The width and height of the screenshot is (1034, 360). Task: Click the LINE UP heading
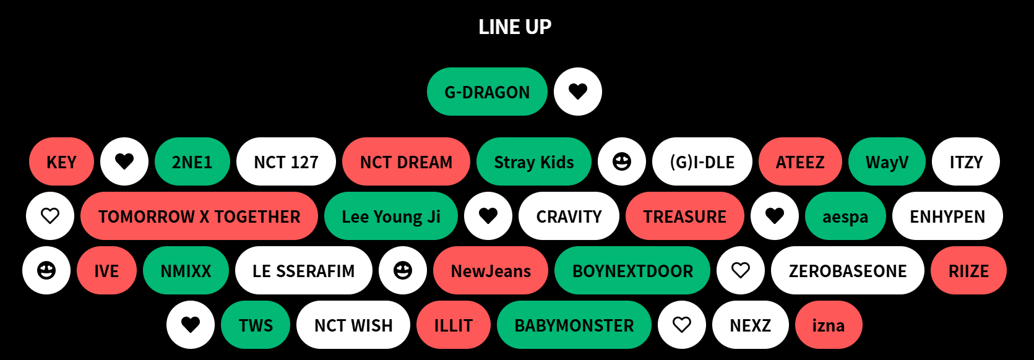[x=515, y=27]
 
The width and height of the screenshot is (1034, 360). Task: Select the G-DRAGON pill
[x=487, y=92]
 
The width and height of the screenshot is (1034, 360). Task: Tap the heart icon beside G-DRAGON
[x=578, y=92]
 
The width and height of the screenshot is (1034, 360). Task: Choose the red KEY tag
[x=61, y=162]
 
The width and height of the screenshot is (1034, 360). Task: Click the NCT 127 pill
[x=286, y=162]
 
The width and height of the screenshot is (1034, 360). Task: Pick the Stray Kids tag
[x=533, y=162]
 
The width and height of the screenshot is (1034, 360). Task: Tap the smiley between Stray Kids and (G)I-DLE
[x=622, y=162]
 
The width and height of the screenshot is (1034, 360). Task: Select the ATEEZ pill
[x=800, y=162]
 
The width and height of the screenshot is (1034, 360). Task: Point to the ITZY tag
[x=965, y=162]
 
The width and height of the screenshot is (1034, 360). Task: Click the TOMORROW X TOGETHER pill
[x=199, y=216]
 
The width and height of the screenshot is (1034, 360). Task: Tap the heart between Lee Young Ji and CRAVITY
[x=488, y=216]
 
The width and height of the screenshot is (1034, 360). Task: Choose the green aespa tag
[x=845, y=216]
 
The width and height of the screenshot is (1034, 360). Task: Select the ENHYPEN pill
[x=947, y=216]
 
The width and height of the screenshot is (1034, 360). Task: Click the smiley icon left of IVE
[x=46, y=271]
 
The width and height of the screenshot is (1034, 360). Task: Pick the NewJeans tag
[x=491, y=271]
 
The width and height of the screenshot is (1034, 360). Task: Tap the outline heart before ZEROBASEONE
[x=741, y=270]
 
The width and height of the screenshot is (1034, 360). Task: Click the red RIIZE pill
[x=968, y=271]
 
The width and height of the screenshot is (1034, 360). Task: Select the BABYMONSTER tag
[x=574, y=325]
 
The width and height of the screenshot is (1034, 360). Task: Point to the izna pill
[x=828, y=325]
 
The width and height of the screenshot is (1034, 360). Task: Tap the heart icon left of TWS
[x=191, y=325]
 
